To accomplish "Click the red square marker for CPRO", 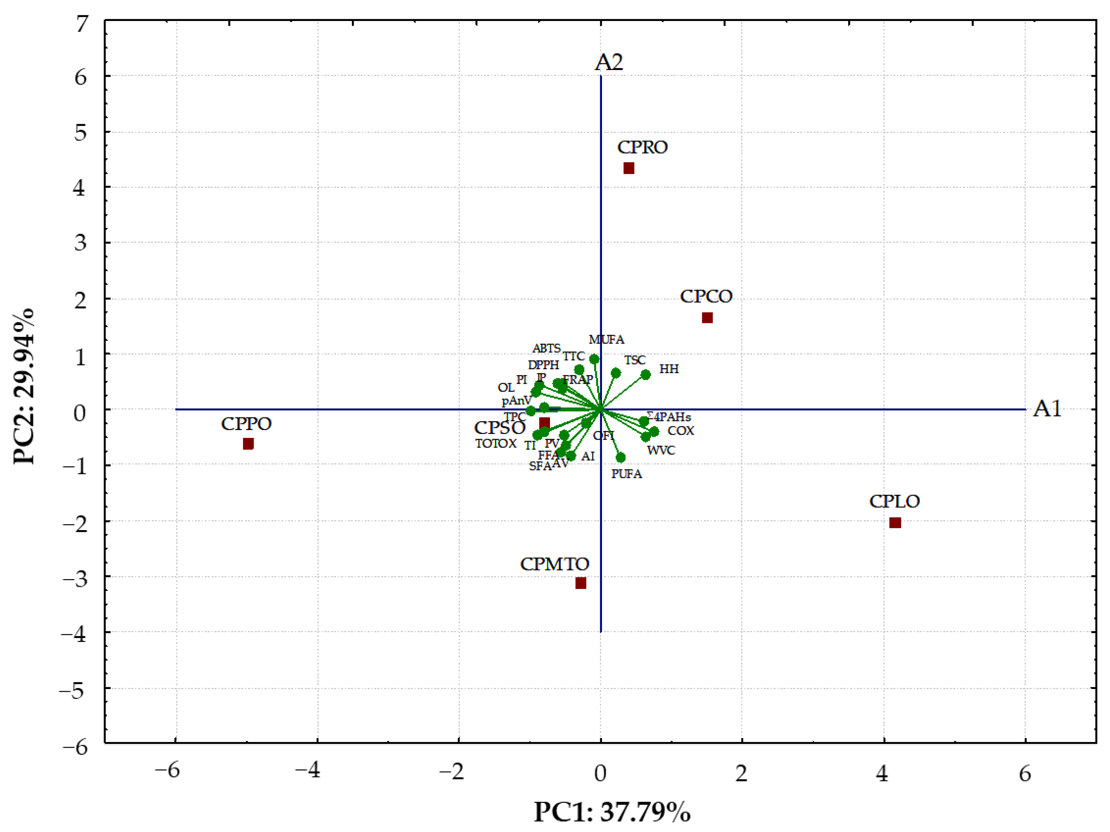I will tap(629, 168).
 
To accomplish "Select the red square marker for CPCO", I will tap(707, 318).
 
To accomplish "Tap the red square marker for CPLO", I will tap(895, 523).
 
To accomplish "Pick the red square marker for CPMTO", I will tap(581, 583).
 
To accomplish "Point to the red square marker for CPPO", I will tap(248, 444).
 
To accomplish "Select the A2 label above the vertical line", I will tap(609, 63).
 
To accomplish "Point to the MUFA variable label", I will tap(606, 340).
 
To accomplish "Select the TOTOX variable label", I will tap(496, 444).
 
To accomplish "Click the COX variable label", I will tap(681, 431).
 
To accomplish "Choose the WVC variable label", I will tap(661, 451).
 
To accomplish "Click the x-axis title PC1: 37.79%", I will tap(612, 811).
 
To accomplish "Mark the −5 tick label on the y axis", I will tap(74, 691).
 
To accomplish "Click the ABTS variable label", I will tap(546, 348).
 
